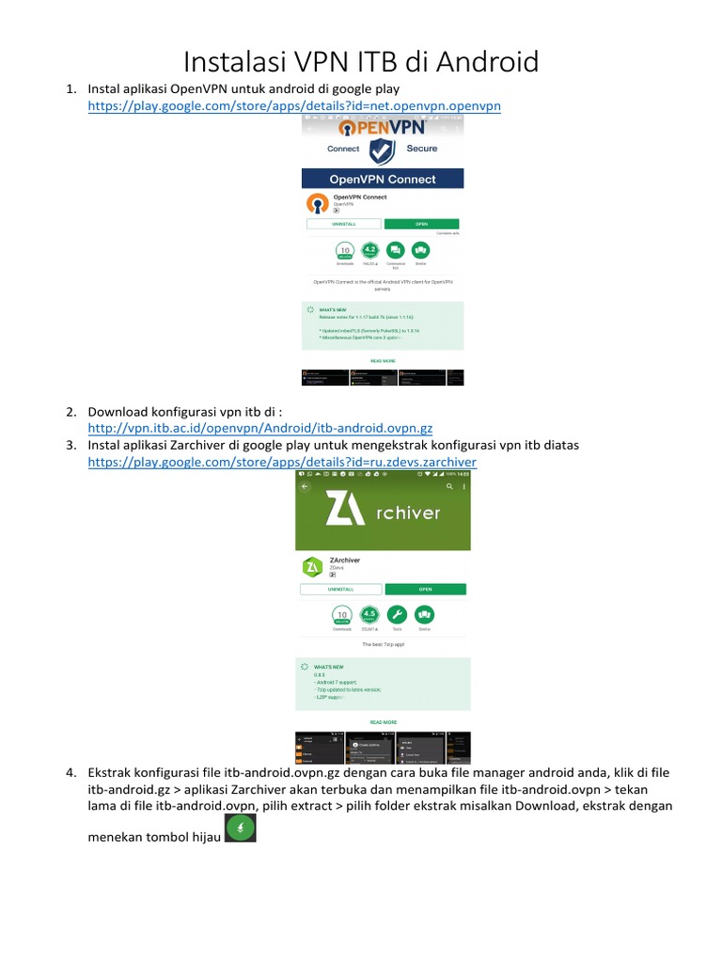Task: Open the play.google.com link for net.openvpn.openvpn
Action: (294, 106)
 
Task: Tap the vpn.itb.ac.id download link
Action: (259, 428)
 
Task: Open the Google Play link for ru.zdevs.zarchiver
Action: (282, 462)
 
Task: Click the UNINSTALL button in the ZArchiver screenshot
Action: (340, 589)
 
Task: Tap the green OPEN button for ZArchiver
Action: (425, 589)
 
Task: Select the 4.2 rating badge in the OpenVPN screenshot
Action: (370, 251)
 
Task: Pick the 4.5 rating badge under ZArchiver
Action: (369, 615)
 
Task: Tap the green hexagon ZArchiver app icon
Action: (312, 566)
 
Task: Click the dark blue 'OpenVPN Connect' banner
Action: (383, 179)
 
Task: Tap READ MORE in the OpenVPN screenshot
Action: (383, 360)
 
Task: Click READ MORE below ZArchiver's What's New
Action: (383, 722)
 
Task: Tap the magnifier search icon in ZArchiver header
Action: (448, 487)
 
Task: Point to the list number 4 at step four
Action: (71, 772)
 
